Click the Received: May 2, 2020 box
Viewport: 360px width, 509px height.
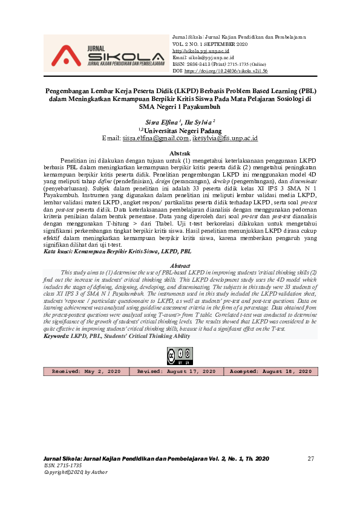click(87, 371)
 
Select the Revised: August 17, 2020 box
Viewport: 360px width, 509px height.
click(176, 371)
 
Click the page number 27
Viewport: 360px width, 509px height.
click(311, 459)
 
